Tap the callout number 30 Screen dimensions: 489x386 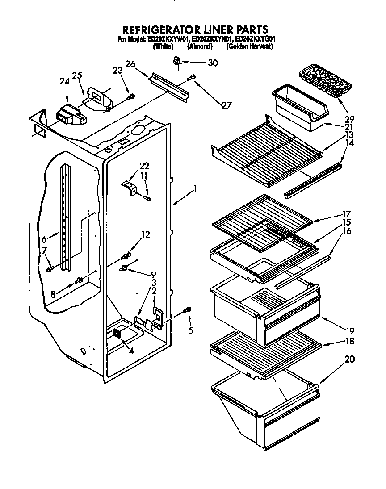[x=213, y=63]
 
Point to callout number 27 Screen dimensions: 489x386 [x=227, y=105]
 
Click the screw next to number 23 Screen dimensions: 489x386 [x=131, y=96]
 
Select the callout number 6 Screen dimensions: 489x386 [x=44, y=239]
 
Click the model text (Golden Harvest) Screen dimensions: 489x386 [x=249, y=46]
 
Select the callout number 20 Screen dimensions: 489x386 [x=350, y=359]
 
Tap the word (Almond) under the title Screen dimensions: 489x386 [x=200, y=46]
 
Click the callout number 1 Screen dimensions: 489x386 [x=195, y=189]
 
